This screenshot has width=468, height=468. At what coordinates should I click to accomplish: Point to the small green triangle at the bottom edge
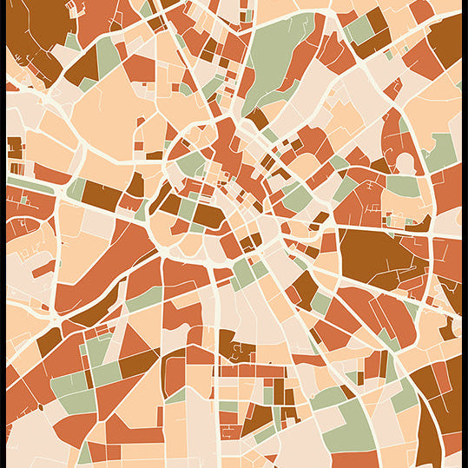tap(84, 454)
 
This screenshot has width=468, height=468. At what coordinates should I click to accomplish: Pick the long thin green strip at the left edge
tap(30, 186)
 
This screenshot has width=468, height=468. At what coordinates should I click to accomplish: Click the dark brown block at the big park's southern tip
tap(257, 117)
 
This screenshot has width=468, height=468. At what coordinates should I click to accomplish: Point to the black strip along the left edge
tap(3, 234)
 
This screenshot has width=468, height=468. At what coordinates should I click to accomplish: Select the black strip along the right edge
tap(465, 234)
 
